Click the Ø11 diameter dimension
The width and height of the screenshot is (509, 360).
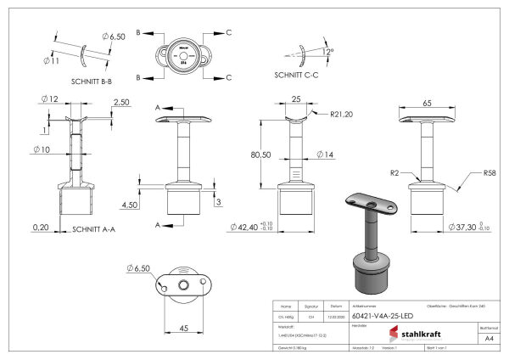(50, 60)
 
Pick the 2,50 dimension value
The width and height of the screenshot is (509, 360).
(120, 102)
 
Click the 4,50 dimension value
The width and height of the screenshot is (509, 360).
(131, 205)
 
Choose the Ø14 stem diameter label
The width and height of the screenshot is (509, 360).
(326, 155)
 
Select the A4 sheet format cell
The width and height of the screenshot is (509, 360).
(488, 337)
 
